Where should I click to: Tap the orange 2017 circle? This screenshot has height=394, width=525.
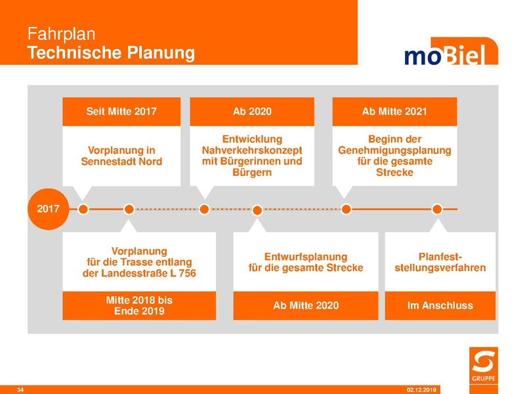click(48, 209)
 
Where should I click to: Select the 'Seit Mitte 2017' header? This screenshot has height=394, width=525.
click(121, 112)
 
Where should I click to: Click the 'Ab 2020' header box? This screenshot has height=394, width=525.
click(252, 112)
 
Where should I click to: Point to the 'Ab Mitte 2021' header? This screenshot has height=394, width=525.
click(394, 112)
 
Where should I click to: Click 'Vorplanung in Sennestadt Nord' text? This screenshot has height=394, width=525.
click(121, 156)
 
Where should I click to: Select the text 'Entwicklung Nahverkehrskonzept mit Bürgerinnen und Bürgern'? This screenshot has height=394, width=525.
click(252, 156)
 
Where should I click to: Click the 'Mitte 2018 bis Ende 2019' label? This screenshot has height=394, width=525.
click(139, 305)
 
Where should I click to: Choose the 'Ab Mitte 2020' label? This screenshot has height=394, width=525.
click(306, 305)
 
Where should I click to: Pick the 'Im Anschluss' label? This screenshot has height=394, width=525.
click(440, 305)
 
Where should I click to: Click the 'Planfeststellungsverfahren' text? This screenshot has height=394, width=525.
click(440, 262)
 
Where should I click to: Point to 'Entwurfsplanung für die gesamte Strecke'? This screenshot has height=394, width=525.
click(306, 262)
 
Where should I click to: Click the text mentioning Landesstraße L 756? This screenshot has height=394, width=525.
click(139, 262)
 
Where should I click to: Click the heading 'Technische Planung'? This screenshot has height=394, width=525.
click(112, 53)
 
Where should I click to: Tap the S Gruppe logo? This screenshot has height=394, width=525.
click(484, 364)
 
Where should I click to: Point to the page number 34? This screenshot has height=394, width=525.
click(20, 390)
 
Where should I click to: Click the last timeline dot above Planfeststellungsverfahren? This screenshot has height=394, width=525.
click(437, 209)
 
